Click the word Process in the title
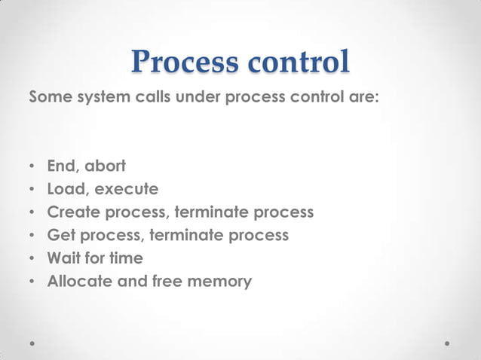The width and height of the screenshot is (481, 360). (184, 63)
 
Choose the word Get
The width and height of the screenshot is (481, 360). (60, 235)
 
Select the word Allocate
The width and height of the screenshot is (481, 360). (78, 282)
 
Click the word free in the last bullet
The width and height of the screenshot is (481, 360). (161, 282)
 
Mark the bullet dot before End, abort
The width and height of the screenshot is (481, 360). (32, 166)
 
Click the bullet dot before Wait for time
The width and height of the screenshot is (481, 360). (32, 259)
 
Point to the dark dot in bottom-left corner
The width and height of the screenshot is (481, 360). (33, 343)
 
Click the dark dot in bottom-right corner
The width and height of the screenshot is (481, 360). (448, 343)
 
